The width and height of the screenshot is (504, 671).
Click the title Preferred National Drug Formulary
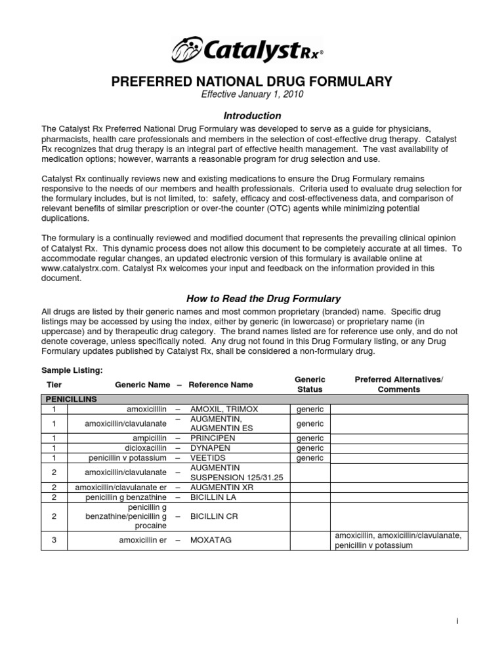252,82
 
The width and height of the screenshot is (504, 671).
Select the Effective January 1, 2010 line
252,95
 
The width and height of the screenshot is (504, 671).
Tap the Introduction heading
252,115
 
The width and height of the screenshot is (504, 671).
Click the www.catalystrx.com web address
81,268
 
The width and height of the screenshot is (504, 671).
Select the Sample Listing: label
73,371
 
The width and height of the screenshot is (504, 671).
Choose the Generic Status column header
310,385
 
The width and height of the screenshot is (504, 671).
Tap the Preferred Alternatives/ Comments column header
398,385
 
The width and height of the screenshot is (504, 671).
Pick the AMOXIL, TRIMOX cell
224,409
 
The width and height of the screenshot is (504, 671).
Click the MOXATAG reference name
211,541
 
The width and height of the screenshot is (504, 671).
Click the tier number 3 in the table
54,541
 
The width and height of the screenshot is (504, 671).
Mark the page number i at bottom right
457,620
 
